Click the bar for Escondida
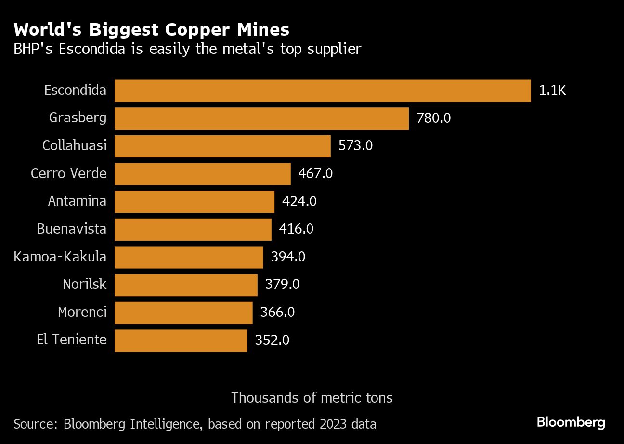point(323,91)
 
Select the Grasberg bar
point(261,118)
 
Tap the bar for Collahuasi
point(222,146)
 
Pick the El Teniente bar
point(181,340)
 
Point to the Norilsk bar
point(186,285)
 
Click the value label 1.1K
point(552,91)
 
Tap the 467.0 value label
point(315,174)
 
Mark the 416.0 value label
point(296,229)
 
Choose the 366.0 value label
point(277,313)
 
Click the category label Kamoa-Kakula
point(60,257)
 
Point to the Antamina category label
point(77,201)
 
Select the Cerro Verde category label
point(68,174)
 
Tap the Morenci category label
point(82,313)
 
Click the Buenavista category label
point(71,229)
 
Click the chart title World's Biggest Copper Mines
point(152,30)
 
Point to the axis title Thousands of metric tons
point(312,398)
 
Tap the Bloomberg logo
point(571,423)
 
